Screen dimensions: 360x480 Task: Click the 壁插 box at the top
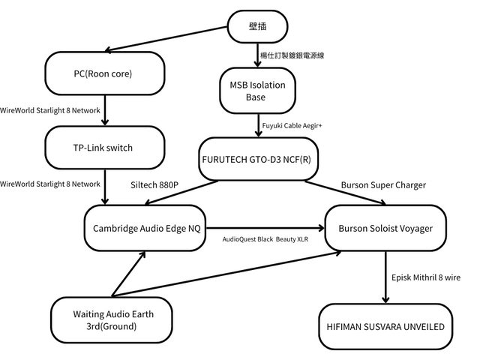point(257,28)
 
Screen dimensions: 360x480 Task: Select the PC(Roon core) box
point(105,73)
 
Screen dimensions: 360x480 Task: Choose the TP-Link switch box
point(104,148)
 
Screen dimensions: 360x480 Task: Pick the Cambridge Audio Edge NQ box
point(146,228)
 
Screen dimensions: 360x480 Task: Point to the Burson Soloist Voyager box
point(385,228)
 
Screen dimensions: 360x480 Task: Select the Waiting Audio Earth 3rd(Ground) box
point(109,319)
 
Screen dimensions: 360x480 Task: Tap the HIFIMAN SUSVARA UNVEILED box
point(385,327)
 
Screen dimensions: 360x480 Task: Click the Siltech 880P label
point(154,184)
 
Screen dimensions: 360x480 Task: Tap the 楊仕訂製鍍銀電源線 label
point(292,55)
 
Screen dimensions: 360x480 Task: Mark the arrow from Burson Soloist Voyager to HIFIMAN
point(385,277)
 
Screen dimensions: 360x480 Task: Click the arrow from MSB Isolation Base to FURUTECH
point(256,124)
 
